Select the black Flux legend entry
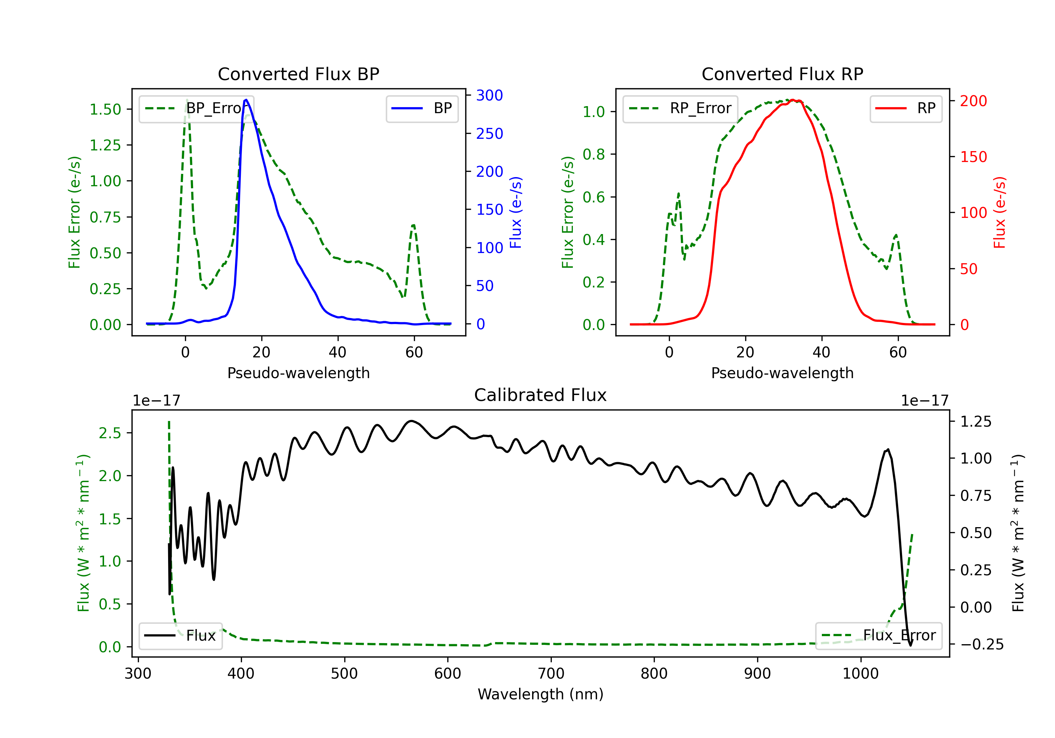(181, 636)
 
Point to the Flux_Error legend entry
(878, 636)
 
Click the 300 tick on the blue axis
(490, 96)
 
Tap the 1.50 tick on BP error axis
(105, 110)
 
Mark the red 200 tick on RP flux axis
(973, 101)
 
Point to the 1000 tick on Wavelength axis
(860, 674)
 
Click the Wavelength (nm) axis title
(541, 694)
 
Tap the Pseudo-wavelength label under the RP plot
(782, 373)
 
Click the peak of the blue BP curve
(246, 100)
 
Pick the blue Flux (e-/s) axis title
(516, 212)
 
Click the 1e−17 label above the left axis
(156, 401)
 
